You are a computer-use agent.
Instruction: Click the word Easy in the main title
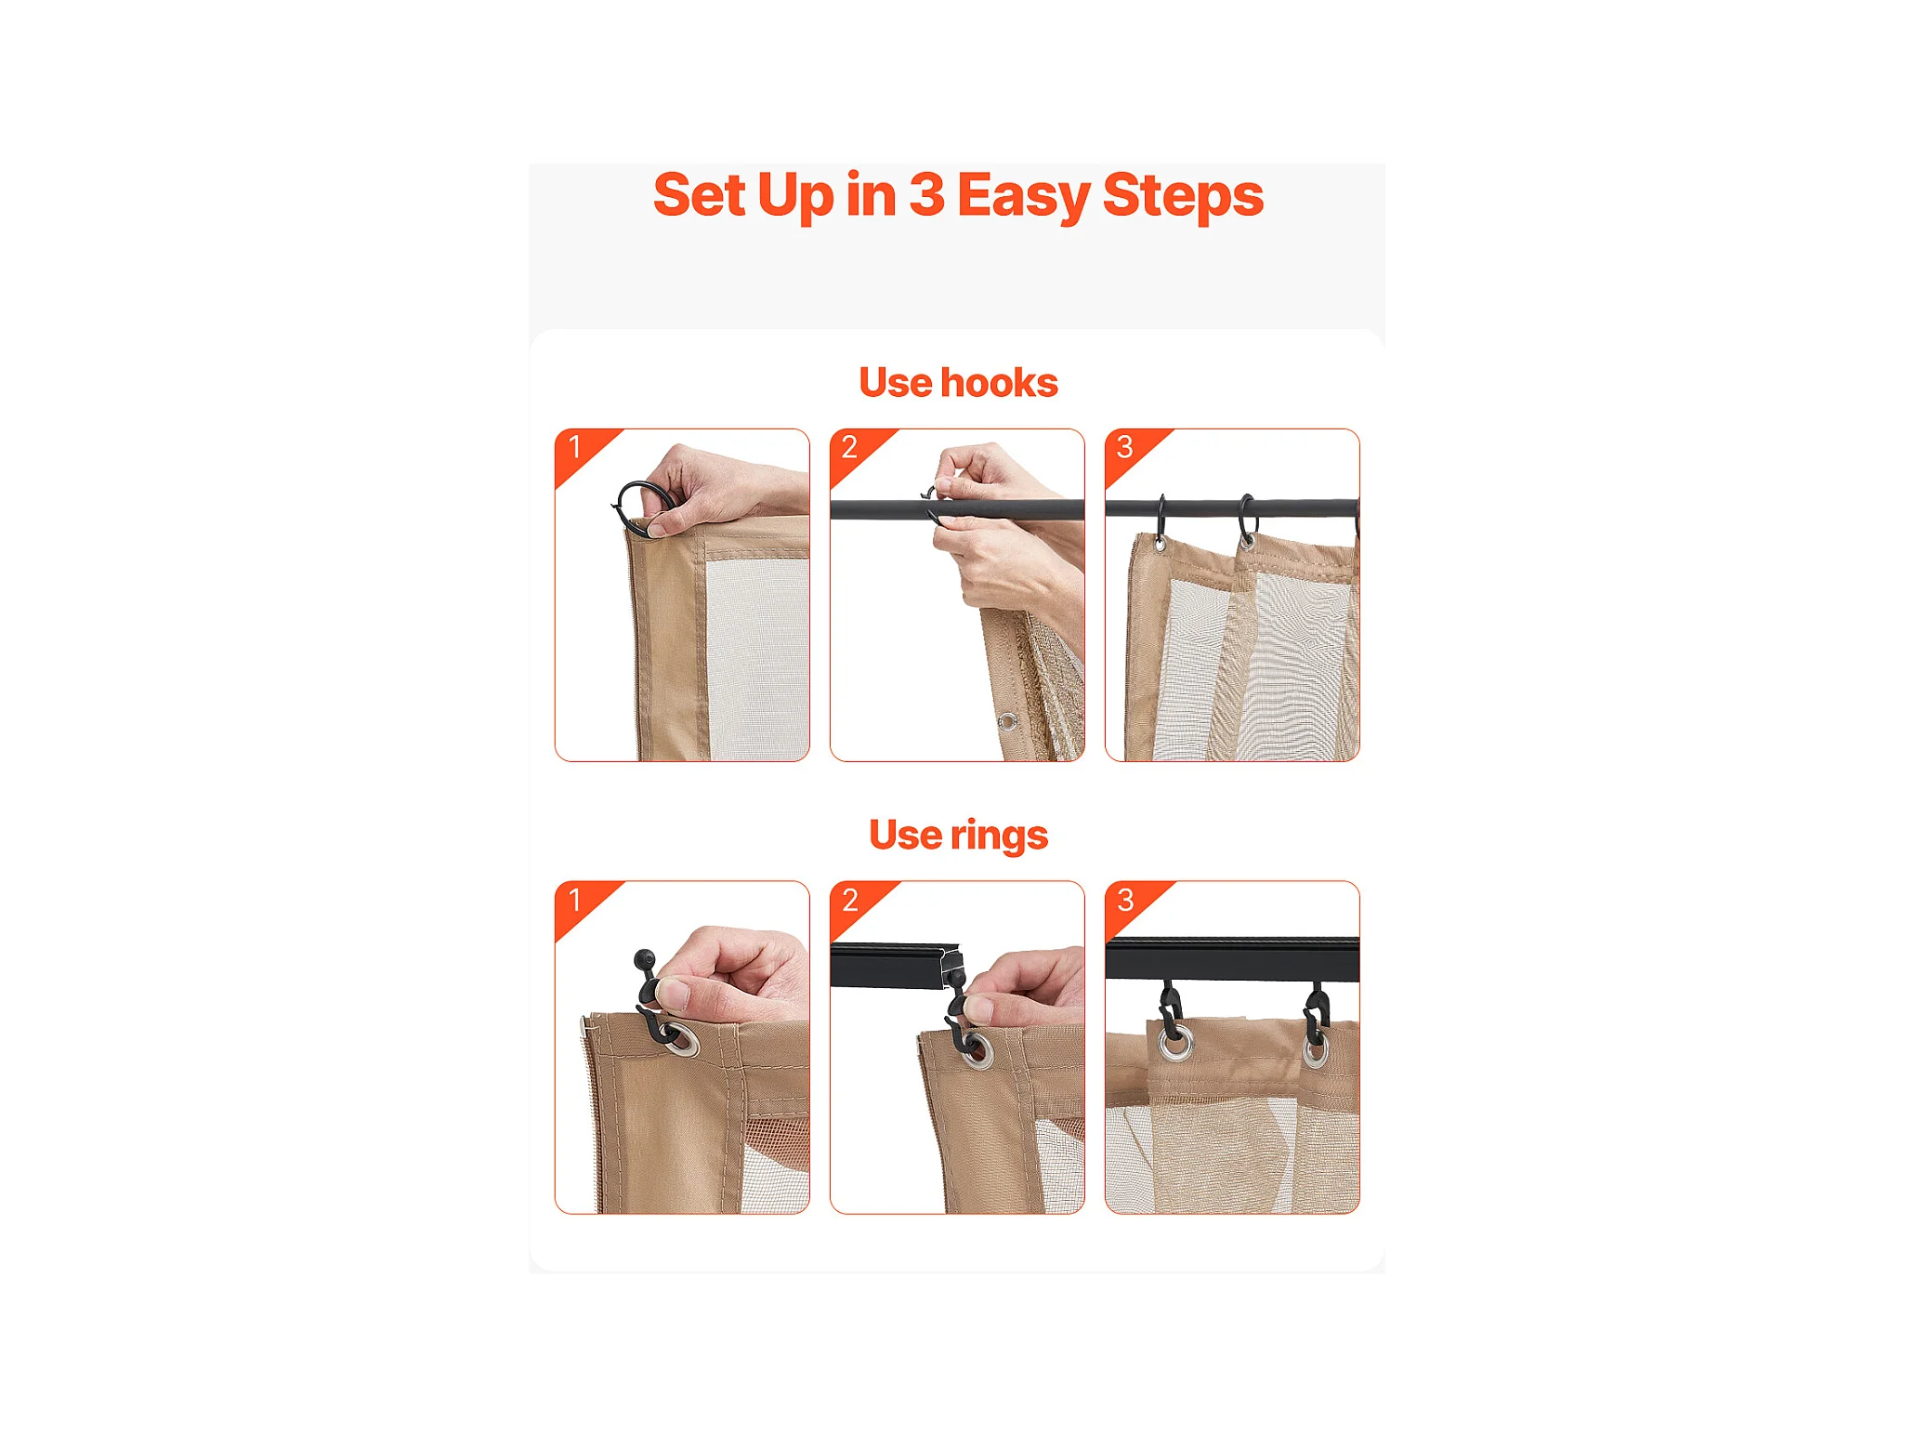[1022, 197]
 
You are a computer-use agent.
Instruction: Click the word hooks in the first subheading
[999, 382]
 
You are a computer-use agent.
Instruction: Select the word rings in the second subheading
[999, 836]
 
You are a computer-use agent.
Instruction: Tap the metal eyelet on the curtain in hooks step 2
[1007, 721]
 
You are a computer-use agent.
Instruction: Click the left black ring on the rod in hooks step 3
[1161, 520]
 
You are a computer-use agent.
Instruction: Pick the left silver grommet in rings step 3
[1175, 1043]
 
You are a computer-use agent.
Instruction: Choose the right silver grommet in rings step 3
[1315, 1050]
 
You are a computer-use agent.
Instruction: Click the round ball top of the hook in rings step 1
[644, 958]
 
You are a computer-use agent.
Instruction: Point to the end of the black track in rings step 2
[952, 965]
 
